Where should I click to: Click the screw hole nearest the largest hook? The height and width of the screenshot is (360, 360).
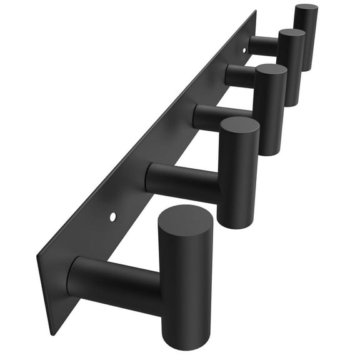[x=113, y=216]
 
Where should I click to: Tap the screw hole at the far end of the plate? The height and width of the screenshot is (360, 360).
[x=244, y=49]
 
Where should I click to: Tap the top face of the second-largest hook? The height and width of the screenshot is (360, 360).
[x=239, y=126]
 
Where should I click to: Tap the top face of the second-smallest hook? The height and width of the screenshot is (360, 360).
[x=291, y=35]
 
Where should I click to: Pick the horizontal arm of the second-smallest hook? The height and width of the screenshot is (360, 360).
[x=239, y=76]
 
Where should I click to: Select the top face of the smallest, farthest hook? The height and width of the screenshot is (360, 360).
[x=306, y=9]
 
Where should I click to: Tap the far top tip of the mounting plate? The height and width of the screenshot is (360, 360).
[x=255, y=11]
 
